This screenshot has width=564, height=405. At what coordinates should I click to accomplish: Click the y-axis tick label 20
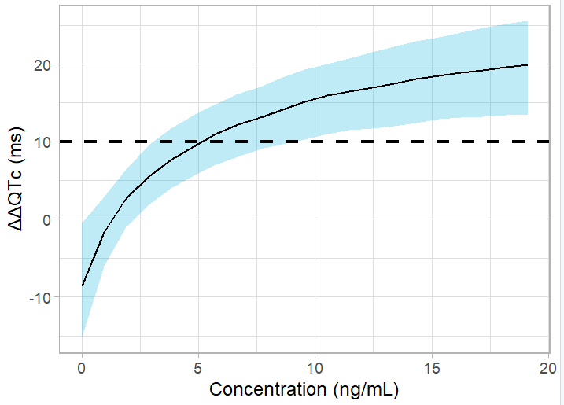tap(42, 64)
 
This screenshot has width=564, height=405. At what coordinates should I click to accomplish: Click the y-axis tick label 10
tap(42, 142)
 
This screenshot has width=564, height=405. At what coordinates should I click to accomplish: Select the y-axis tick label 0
tap(46, 219)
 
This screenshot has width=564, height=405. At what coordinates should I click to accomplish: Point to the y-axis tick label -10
tap(40, 297)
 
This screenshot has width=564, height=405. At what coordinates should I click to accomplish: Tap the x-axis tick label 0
tap(82, 368)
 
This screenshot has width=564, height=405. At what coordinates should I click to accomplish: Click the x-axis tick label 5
tap(198, 368)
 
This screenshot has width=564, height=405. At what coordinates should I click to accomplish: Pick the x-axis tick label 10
tap(315, 368)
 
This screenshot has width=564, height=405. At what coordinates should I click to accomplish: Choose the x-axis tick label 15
tap(431, 368)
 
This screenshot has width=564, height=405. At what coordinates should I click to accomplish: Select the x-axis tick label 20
tap(547, 368)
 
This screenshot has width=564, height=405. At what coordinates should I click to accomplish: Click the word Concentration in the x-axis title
tap(262, 389)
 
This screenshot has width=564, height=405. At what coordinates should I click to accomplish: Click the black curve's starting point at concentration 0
tap(82, 285)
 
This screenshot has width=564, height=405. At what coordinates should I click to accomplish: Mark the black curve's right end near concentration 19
tap(526, 65)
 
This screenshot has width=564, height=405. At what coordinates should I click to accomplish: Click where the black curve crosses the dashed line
tap(203, 142)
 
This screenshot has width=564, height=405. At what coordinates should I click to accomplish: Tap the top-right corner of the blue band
tap(526, 22)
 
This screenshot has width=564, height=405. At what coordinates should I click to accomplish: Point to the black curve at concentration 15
tap(431, 77)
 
